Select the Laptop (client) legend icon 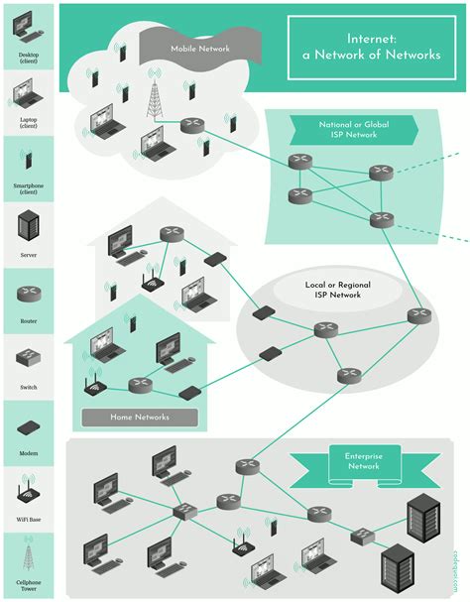click(x=27, y=96)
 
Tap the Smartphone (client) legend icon click(x=27, y=161)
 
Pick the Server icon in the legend click(x=27, y=227)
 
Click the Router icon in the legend click(x=27, y=295)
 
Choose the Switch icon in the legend click(x=27, y=358)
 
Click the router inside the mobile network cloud click(x=191, y=125)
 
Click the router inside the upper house click(x=171, y=234)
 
